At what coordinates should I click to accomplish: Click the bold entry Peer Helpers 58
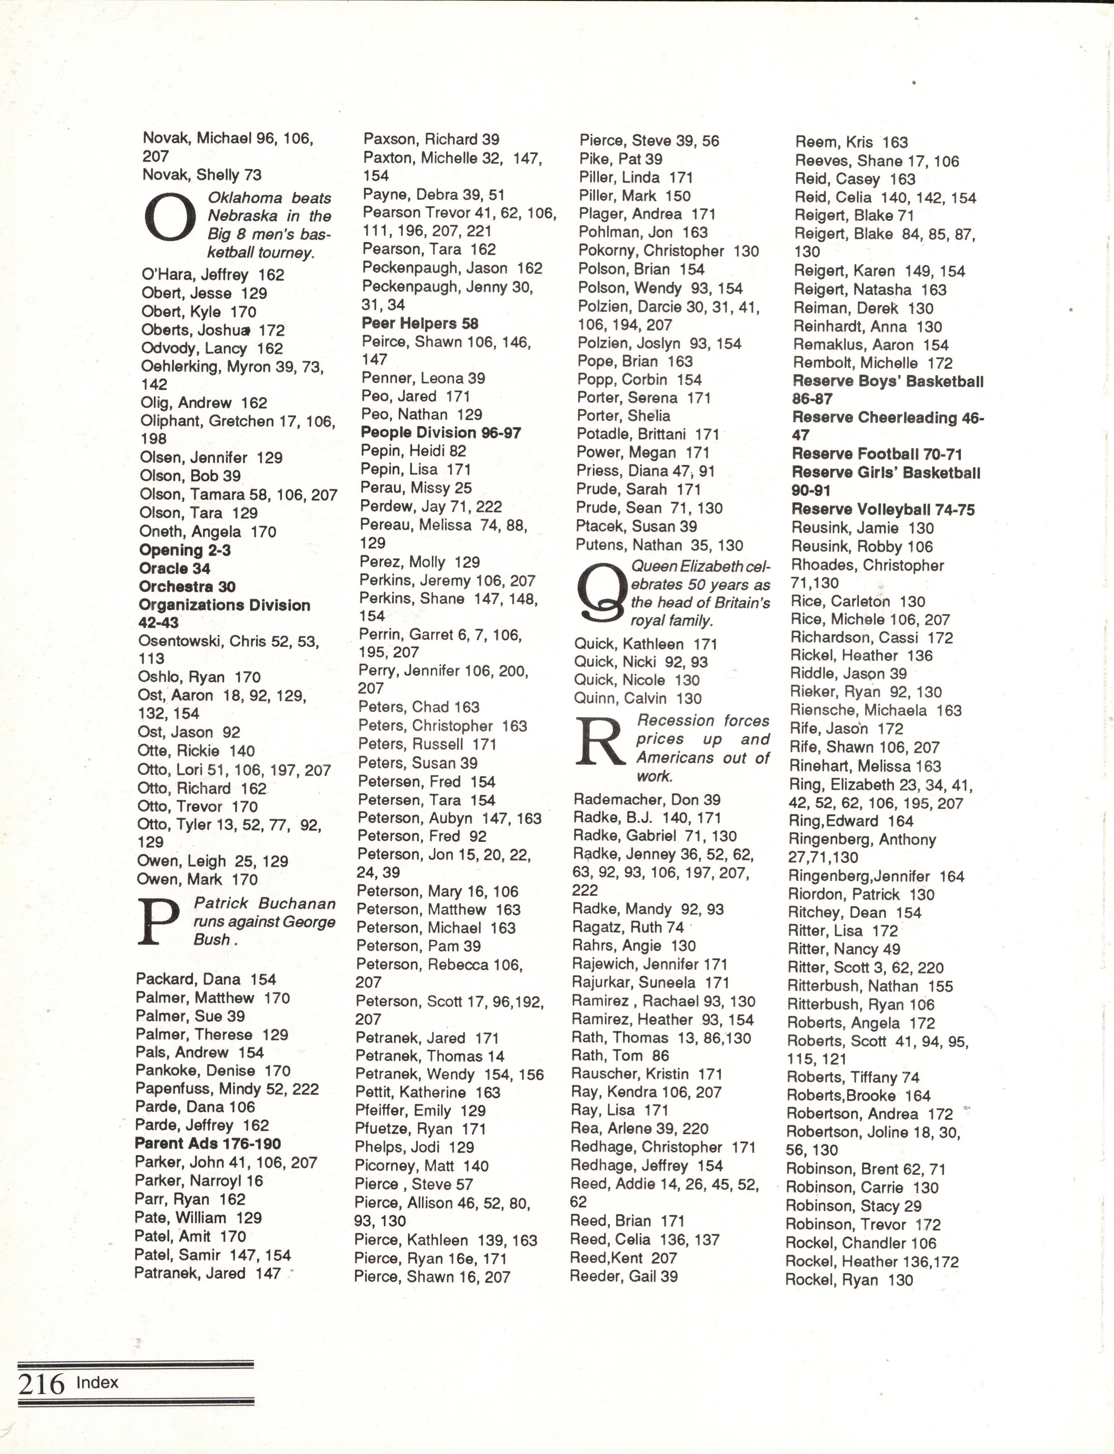pyautogui.click(x=420, y=323)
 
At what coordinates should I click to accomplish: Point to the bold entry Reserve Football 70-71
pyautogui.click(x=877, y=454)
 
